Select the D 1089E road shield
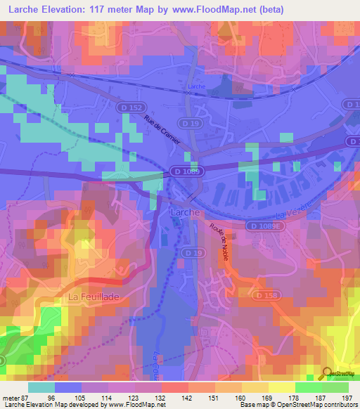[x=264, y=225]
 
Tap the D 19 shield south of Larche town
[x=188, y=252]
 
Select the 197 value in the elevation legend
[x=345, y=397]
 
